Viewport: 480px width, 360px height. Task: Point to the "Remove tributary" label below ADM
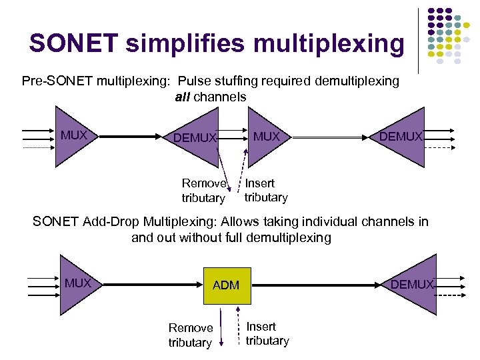pos(191,335)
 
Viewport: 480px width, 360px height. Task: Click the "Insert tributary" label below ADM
pos(267,333)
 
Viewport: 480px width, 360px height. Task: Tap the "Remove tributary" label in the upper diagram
pos(204,191)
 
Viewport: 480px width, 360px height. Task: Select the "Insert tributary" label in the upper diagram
pos(265,190)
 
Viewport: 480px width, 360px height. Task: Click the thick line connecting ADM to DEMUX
pos(320,285)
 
